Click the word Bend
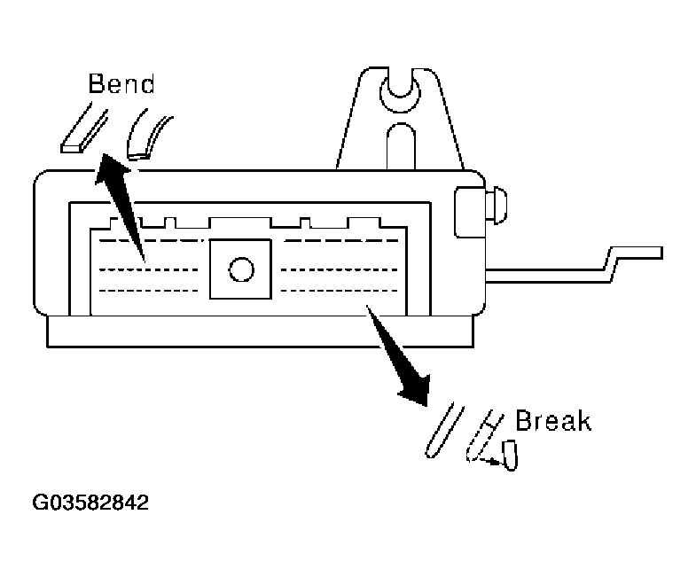121,84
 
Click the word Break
552,420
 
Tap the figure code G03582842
90,504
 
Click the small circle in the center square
240,268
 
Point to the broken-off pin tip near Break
509,456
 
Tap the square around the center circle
240,268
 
